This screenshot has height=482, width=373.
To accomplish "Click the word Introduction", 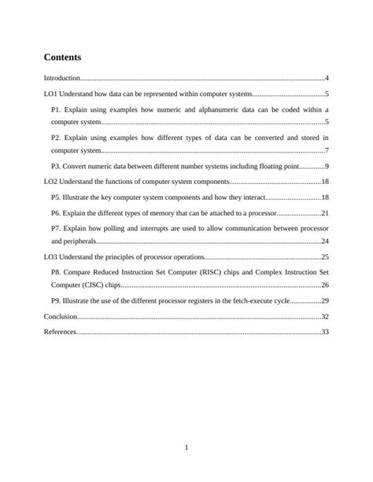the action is pos(62,79).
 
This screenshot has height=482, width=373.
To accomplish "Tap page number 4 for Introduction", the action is pos(326,79).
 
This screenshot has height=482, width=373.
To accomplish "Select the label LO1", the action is pos(51,94).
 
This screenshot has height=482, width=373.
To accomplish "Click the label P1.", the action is pos(56,109).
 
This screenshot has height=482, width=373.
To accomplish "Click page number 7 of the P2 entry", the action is pos(326,150).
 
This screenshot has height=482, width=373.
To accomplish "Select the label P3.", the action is pos(56,167).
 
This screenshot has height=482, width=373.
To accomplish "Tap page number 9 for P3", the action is pos(326,167).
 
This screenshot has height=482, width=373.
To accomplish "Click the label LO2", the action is pos(51,182).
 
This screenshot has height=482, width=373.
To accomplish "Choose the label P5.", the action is pos(56,197).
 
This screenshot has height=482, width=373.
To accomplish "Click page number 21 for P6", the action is pos(324,213).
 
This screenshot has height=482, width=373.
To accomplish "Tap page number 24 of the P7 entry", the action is pos(324,241).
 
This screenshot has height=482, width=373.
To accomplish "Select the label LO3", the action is pos(51,257).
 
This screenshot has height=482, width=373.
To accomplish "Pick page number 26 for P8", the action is pos(324,285).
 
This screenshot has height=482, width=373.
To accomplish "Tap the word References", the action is pos(60,332).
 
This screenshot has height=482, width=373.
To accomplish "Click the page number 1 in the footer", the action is pos(186,448).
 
